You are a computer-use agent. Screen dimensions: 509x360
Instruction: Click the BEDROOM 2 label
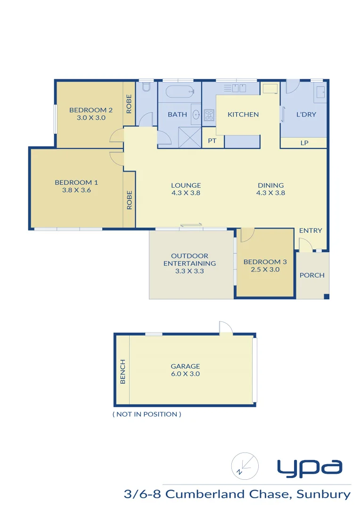point(90,110)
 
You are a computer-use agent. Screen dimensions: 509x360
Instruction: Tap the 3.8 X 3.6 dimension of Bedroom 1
point(76,190)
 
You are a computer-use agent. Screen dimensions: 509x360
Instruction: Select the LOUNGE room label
point(186,185)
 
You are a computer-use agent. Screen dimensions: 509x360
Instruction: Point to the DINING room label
point(270,185)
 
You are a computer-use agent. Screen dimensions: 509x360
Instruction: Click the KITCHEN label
point(243,115)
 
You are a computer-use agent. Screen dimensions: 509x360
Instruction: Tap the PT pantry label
point(213,140)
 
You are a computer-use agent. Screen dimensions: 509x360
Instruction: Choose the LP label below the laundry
point(304,142)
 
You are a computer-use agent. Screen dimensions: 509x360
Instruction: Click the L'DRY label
point(306,115)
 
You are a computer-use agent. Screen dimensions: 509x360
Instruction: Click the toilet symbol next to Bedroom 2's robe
point(146,88)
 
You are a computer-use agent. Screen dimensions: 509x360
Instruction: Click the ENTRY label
point(311,230)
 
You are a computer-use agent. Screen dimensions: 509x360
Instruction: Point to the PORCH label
point(312,275)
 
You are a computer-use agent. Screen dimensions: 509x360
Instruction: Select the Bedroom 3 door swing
point(247,234)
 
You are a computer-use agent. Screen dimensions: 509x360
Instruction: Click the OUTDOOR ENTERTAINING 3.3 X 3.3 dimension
point(189,271)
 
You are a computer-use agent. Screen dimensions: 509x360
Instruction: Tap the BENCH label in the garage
point(123,371)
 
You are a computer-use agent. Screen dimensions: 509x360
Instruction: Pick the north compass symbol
point(245,466)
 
